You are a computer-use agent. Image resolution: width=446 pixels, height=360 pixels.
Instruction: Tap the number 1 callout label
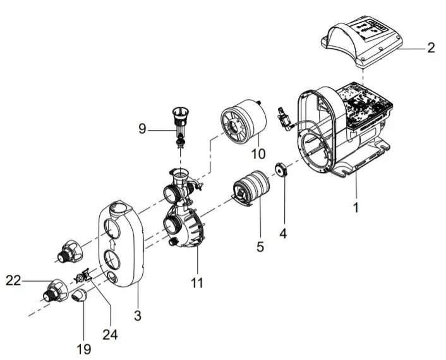[x=356, y=207]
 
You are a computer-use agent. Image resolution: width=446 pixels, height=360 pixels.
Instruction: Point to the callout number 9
[x=143, y=129]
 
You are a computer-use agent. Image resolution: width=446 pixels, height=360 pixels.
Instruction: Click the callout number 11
[x=197, y=284]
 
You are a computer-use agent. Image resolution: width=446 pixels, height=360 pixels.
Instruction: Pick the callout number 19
[x=84, y=349]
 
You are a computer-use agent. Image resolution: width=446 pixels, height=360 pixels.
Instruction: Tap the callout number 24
[x=111, y=334]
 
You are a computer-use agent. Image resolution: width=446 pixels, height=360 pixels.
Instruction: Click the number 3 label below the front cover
[x=138, y=313]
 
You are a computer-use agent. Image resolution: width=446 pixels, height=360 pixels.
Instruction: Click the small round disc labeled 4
[x=280, y=170]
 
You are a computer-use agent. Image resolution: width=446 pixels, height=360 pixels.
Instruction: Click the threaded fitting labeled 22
[x=54, y=291]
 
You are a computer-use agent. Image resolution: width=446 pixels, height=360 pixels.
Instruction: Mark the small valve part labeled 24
[x=82, y=277]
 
